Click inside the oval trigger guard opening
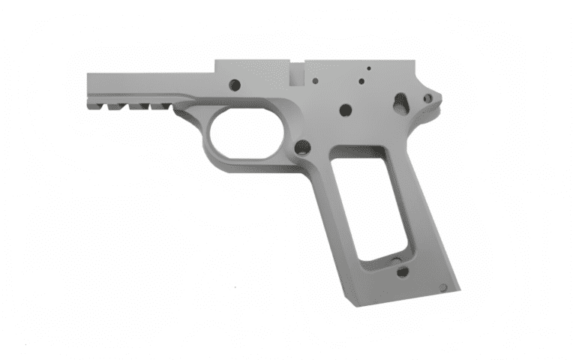click(244, 133)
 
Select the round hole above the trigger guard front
click(234, 85)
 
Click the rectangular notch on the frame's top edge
click(298, 73)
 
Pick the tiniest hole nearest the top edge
click(368, 69)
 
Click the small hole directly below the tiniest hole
click(361, 81)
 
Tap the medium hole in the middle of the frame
click(345, 109)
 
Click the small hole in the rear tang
click(427, 97)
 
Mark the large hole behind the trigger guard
click(302, 147)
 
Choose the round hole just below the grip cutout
click(403, 272)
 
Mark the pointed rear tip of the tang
click(440, 96)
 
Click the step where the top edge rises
click(215, 67)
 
